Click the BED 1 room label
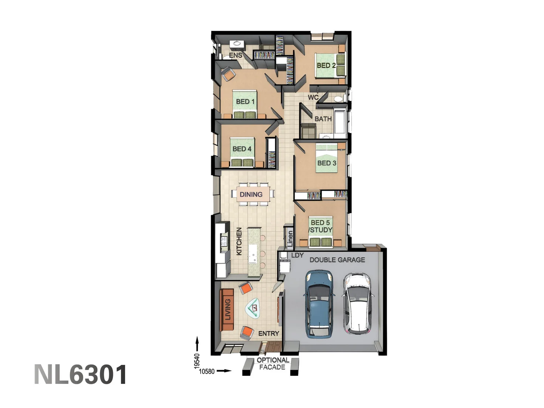click(x=245, y=102)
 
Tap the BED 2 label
click(x=326, y=65)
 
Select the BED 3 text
click(x=327, y=163)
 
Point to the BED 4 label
click(x=242, y=149)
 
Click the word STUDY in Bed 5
click(x=321, y=230)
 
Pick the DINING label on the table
click(x=251, y=195)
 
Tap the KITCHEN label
click(x=239, y=241)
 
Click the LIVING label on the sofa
click(x=228, y=309)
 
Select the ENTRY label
click(x=269, y=334)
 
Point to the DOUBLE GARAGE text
click(x=337, y=260)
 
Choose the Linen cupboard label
click(x=290, y=239)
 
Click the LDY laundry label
click(x=297, y=255)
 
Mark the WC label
click(x=313, y=97)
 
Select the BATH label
click(x=323, y=119)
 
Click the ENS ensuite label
click(x=235, y=56)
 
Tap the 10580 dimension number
click(x=207, y=371)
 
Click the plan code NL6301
click(x=80, y=375)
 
